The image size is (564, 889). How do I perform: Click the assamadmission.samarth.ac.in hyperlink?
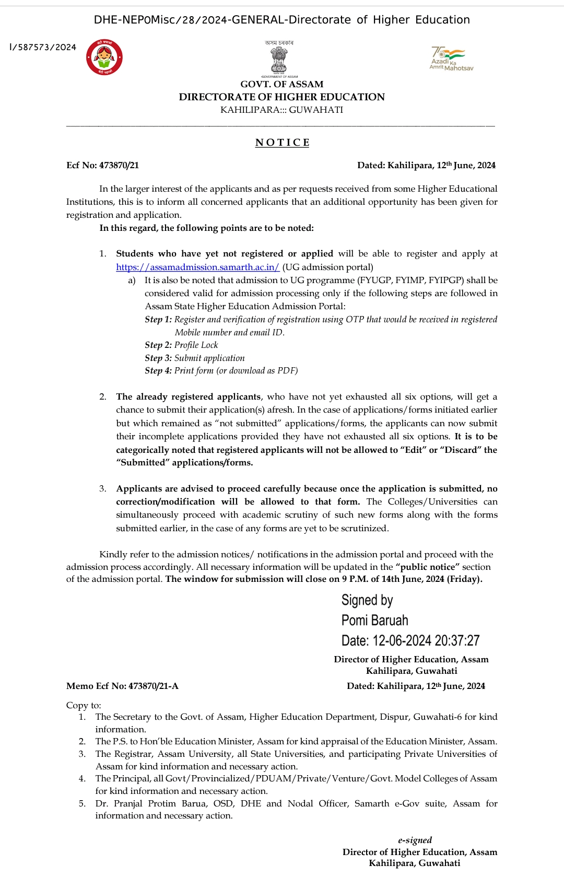pyautogui.click(x=197, y=267)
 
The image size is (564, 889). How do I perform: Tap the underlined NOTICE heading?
pyautogui.click(x=282, y=143)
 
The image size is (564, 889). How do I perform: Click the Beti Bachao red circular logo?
pyautogui.click(x=104, y=57)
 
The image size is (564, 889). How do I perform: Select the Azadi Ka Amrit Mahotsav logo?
pyautogui.click(x=450, y=58)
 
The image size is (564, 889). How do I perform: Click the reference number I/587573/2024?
pyautogui.click(x=43, y=48)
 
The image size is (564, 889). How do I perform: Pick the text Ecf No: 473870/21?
pyautogui.click(x=102, y=165)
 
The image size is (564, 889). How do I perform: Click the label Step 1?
pyautogui.click(x=158, y=319)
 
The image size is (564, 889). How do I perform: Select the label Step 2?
pyautogui.click(x=158, y=345)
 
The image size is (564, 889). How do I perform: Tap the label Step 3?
pyautogui.click(x=158, y=358)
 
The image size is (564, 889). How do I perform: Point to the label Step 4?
pyautogui.click(x=158, y=370)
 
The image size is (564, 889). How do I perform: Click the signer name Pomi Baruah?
pyautogui.click(x=374, y=621)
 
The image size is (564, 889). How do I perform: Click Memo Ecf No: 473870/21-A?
pyautogui.click(x=122, y=686)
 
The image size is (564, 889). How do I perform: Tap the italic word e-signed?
pyautogui.click(x=415, y=840)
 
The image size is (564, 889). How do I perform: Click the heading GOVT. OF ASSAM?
pyautogui.click(x=281, y=84)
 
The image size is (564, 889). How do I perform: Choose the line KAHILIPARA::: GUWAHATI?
pyautogui.click(x=281, y=110)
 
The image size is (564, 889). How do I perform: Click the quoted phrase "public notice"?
pyautogui.click(x=428, y=567)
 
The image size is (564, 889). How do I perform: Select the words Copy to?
pyautogui.click(x=84, y=705)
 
